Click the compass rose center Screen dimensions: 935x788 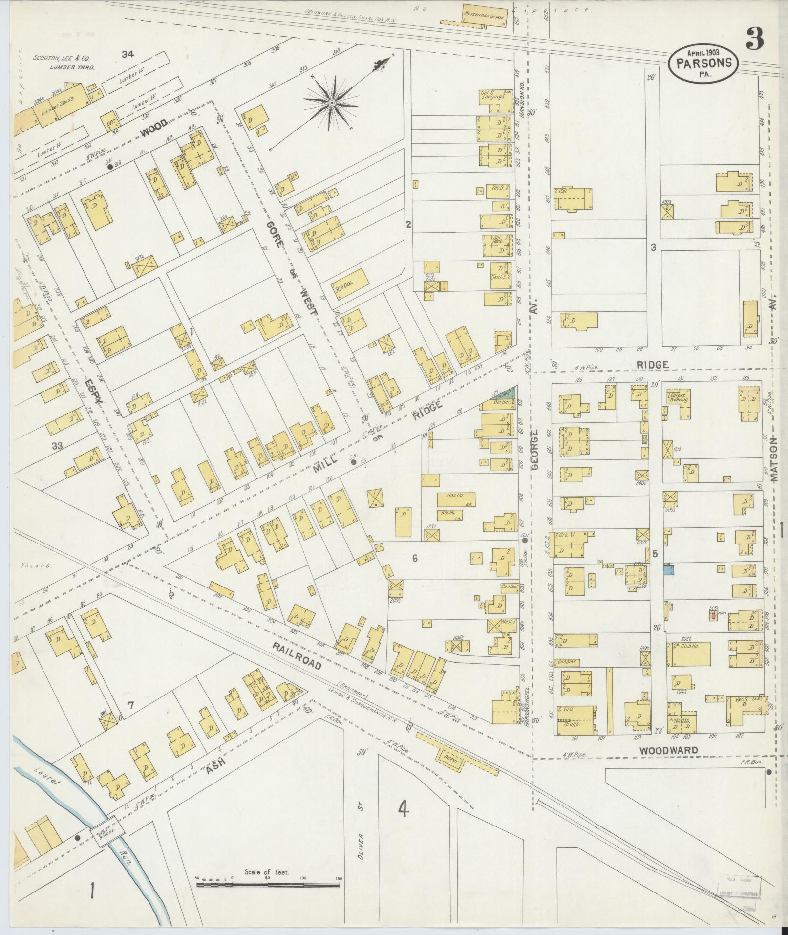(332, 102)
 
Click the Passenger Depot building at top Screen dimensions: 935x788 (479, 21)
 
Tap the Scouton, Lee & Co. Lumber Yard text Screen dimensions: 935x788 (64, 63)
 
